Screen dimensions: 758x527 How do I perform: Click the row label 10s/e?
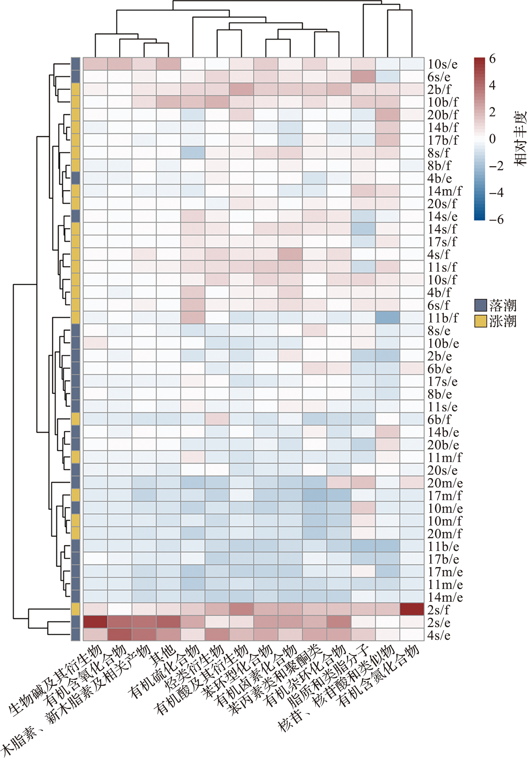point(442,64)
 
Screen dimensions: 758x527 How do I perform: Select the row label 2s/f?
point(439,610)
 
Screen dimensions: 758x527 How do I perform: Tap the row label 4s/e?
point(439,635)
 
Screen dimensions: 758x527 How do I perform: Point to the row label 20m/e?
point(445,483)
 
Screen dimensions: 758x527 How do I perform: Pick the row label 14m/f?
point(444,191)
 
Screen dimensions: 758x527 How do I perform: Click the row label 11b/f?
point(443,318)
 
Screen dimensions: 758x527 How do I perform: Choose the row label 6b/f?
point(439,420)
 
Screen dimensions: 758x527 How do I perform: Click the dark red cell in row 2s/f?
point(412,609)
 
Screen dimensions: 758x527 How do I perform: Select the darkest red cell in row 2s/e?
point(95,622)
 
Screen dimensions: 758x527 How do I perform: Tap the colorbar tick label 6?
point(492,59)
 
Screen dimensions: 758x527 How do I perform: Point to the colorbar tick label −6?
point(496,219)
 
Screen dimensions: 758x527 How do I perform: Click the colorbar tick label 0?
point(492,139)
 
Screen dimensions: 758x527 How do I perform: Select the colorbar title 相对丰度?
point(519,139)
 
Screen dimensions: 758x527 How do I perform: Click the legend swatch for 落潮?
point(480,305)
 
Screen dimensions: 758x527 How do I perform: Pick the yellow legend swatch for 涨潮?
point(480,321)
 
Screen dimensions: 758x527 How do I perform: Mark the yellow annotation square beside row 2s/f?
point(75,609)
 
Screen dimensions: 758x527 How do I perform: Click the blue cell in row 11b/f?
point(387,318)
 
